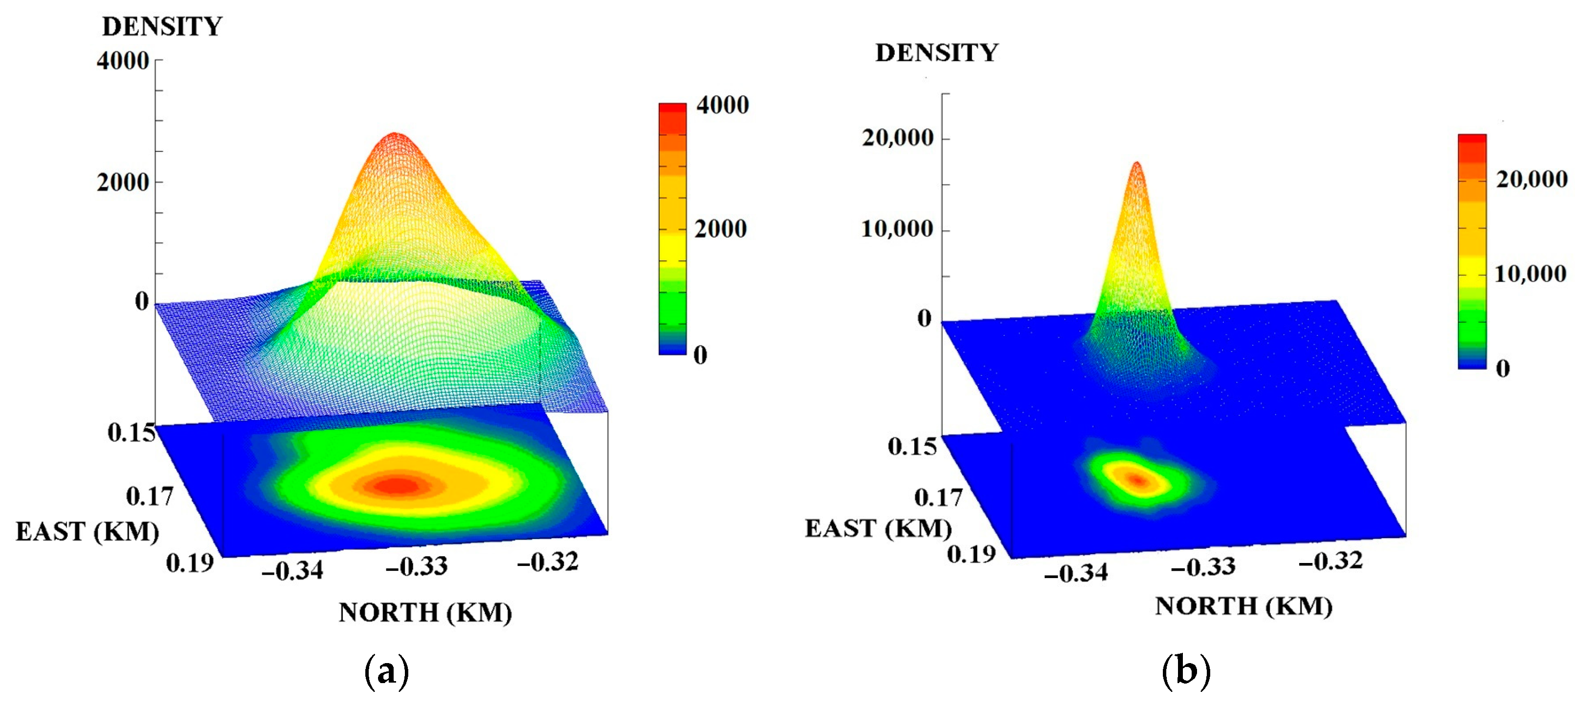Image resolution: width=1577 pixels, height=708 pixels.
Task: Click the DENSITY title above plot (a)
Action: [162, 26]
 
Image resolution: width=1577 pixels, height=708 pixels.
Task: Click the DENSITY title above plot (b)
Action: [937, 53]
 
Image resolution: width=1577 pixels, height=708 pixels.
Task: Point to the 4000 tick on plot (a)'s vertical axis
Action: [123, 61]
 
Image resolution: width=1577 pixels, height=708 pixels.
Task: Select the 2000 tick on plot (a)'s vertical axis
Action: [123, 182]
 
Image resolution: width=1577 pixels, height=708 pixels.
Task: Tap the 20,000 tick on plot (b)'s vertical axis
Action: [898, 138]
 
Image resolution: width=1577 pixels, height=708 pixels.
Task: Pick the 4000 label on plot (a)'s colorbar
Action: [722, 105]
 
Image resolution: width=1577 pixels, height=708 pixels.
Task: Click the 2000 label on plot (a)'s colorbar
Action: [720, 229]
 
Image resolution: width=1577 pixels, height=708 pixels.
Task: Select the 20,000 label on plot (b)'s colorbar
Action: [1532, 179]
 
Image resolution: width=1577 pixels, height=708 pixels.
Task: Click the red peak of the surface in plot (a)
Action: [395, 136]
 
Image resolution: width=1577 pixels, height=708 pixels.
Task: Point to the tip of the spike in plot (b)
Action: [1137, 164]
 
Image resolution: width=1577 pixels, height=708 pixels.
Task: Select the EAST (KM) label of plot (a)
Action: [87, 531]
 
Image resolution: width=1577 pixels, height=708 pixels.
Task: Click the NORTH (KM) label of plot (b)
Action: [1243, 606]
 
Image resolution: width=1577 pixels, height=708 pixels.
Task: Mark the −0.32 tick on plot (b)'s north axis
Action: [1331, 561]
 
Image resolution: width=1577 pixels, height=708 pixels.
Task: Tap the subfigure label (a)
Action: [386, 671]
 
